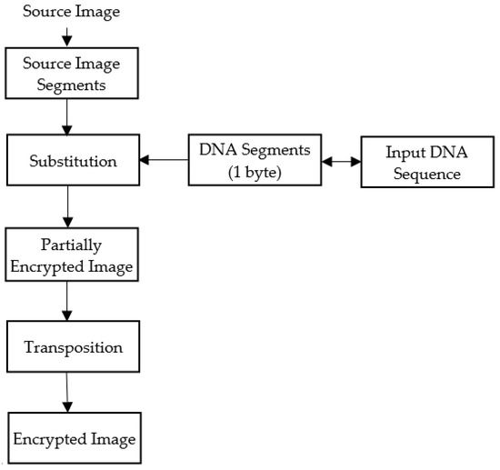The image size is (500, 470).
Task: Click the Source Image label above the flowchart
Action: tap(71, 12)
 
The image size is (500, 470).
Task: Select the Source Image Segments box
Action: tap(71, 73)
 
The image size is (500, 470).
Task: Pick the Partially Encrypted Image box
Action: tap(73, 255)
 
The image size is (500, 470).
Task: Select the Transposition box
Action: tap(72, 347)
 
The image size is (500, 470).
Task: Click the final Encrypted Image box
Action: tap(74, 439)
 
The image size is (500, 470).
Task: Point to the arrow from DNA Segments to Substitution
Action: tap(165, 161)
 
